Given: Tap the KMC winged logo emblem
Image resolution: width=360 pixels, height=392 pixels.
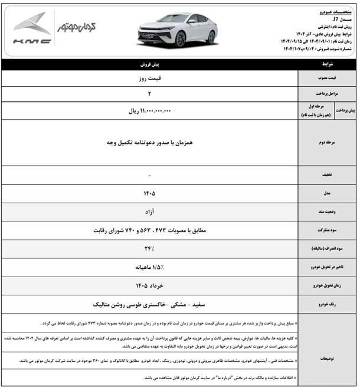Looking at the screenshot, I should point(32,24).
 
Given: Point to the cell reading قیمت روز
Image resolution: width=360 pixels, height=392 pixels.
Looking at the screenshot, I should point(150,77).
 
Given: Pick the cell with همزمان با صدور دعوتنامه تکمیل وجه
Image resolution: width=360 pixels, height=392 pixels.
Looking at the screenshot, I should point(150,143).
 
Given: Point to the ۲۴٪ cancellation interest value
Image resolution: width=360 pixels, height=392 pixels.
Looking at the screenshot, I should point(150,248).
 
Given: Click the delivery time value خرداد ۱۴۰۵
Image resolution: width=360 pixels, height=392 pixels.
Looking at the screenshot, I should point(150,285).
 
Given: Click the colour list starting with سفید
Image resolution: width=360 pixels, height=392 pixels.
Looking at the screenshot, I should point(150,304).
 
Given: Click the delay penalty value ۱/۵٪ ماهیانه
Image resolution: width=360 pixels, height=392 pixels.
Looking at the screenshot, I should point(150,267).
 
